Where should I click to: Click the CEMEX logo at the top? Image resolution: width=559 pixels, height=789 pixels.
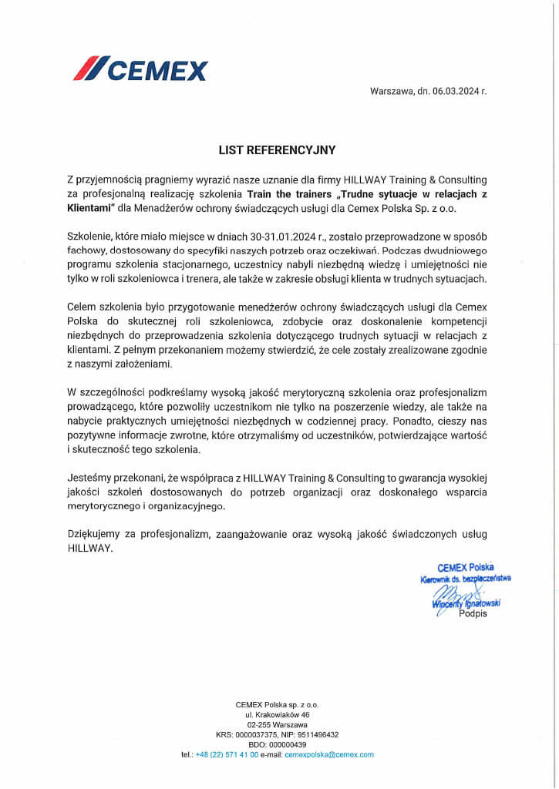[140, 69]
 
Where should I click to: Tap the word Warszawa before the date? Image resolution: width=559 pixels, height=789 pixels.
[392, 91]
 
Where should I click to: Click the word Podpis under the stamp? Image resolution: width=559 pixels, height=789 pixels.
[473, 614]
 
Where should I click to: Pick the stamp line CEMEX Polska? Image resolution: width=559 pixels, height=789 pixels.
[466, 567]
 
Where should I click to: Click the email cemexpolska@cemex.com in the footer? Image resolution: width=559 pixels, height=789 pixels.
[329, 755]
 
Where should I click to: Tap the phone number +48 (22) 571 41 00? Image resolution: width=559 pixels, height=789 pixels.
[227, 755]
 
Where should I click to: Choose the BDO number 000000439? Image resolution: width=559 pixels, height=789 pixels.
[288, 745]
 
